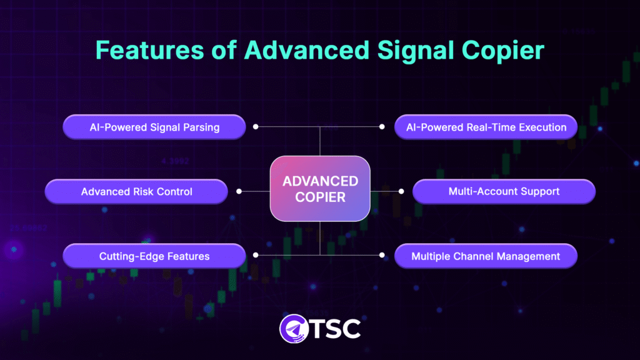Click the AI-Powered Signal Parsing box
point(154,127)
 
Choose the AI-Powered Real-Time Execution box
point(486,127)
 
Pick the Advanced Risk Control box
point(136,191)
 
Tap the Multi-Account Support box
point(504,191)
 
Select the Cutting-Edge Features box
point(154,256)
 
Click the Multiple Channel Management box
point(486,256)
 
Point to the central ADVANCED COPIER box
point(320,189)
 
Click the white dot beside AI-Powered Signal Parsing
point(256,127)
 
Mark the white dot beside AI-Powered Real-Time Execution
point(382,127)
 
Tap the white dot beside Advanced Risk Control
point(238,191)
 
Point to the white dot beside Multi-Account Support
point(401,191)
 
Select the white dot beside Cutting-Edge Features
point(256,255)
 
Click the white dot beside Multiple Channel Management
point(382,255)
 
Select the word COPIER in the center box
point(320,197)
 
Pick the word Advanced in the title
point(297,49)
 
